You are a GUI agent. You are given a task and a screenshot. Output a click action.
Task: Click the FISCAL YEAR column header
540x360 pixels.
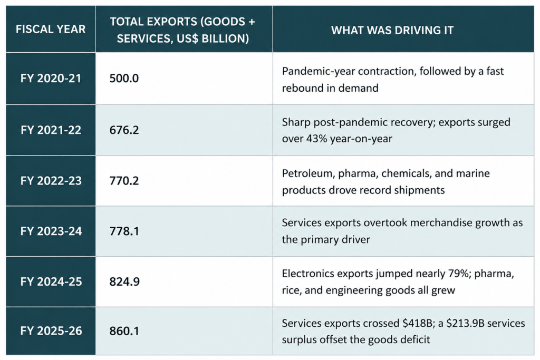pos(51,30)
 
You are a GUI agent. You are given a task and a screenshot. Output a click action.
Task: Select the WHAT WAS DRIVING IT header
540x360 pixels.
pos(392,30)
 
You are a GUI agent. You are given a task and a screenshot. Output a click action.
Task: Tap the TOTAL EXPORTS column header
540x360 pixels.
pos(182,30)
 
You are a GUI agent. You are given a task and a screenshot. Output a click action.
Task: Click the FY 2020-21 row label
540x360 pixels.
pos(51,79)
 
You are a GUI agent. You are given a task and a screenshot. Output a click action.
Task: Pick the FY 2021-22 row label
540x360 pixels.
pos(51,130)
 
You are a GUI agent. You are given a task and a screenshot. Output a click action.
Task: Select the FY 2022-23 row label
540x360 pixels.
pos(51,181)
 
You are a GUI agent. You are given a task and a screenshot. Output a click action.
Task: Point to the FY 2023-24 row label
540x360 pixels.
pos(51,231)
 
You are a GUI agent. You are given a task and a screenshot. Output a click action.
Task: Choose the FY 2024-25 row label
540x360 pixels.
pos(51,281)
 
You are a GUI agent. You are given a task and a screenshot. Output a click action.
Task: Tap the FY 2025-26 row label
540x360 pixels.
pos(51,330)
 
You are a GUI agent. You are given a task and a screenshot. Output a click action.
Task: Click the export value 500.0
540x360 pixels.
pos(124,79)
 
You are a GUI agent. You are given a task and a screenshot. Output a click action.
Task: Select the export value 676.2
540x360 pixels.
pos(124,130)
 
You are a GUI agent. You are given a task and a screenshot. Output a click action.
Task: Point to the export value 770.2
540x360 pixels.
pos(124,181)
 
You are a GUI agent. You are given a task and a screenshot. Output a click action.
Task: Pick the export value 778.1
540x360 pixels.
pos(124,231)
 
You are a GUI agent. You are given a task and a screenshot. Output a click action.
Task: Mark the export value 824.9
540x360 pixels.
pos(124,281)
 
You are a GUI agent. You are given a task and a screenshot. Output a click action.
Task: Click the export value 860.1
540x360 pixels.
pos(124,330)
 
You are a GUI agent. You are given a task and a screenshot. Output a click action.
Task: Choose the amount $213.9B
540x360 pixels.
pos(467,324)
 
